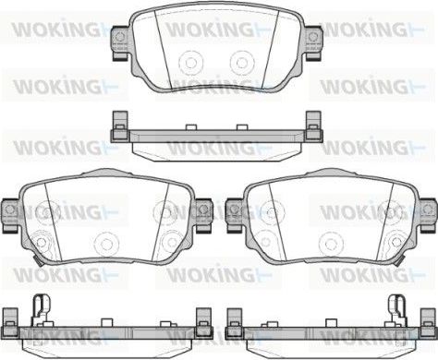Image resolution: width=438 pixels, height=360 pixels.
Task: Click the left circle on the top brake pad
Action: [x=192, y=62]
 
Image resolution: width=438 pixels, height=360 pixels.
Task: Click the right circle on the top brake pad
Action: [x=242, y=62]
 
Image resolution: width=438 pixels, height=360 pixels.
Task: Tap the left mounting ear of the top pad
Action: [x=119, y=39]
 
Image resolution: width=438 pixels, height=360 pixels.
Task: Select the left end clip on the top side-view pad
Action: [x=117, y=125]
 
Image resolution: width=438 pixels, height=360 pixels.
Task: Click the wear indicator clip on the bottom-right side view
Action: [x=399, y=307]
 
